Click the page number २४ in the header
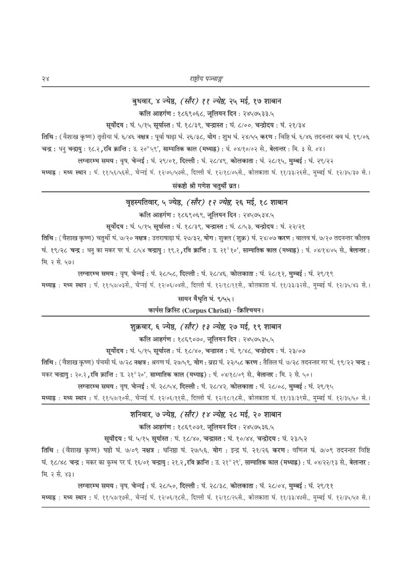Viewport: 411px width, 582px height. pos(45,78)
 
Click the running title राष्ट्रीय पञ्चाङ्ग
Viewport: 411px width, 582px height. pos(206,78)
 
